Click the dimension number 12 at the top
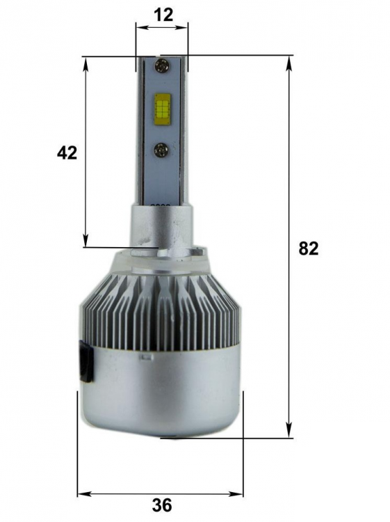point(163,15)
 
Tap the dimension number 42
point(67,153)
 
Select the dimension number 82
point(308,248)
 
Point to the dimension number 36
point(162,505)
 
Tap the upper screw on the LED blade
point(161,65)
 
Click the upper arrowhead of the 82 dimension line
point(289,63)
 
